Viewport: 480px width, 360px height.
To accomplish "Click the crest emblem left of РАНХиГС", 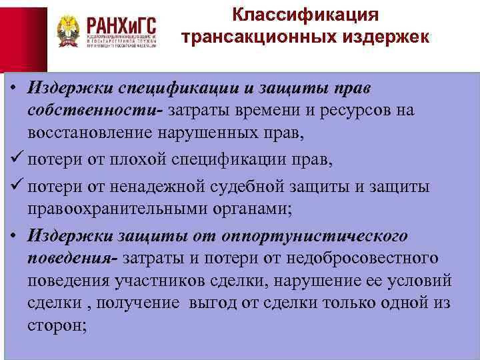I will (68, 31).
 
